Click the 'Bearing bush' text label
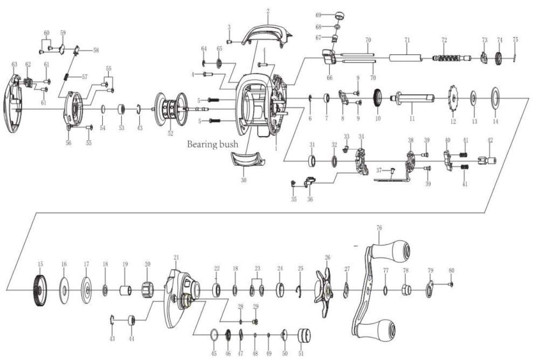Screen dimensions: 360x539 click(213, 144)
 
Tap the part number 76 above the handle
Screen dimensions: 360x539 click(379, 228)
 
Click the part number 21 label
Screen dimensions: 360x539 click(176, 257)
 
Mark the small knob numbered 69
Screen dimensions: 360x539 click(340, 15)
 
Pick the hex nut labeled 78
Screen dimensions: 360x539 click(406, 290)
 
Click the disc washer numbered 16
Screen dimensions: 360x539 click(64, 291)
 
